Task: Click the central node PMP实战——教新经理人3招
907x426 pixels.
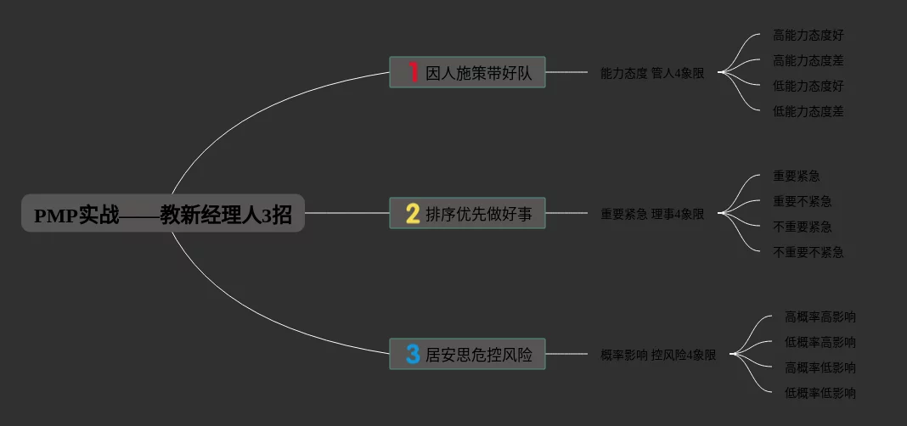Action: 162,214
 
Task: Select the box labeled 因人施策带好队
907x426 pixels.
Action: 478,73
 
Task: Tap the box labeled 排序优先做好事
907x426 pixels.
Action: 478,214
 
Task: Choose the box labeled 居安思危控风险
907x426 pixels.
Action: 478,355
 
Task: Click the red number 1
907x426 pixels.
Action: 413,72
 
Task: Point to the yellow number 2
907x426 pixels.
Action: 413,214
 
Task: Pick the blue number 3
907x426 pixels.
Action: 413,354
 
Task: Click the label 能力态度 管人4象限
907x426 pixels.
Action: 652,74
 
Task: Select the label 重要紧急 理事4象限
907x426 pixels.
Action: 652,215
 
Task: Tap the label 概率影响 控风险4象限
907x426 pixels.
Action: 658,356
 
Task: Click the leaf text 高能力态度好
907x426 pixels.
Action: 808,36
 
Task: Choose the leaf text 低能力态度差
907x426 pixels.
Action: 808,111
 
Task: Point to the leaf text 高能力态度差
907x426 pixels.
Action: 808,61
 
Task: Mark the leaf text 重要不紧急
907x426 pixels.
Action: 802,202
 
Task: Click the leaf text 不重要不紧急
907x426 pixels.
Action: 808,252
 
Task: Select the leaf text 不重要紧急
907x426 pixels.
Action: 802,227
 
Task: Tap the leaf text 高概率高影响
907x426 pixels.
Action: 820,317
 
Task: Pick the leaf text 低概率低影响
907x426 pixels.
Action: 820,393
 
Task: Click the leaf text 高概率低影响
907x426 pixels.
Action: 820,367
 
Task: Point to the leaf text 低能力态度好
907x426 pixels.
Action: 808,87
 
